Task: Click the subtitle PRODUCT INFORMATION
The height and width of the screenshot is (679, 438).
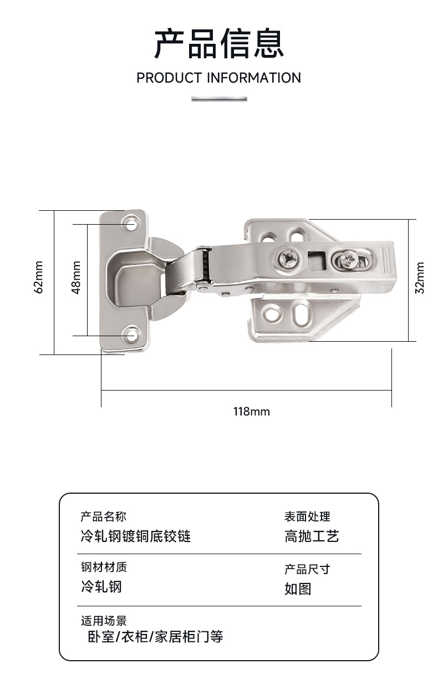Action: point(218,78)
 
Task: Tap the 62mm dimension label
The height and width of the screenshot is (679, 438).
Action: point(39,277)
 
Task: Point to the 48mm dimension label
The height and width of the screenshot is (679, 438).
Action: point(77,277)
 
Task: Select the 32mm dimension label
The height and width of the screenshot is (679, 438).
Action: point(420,277)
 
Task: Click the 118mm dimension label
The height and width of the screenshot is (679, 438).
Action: point(251,412)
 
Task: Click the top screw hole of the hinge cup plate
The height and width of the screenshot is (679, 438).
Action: point(132,225)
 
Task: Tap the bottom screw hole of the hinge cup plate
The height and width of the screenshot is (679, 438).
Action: point(132,335)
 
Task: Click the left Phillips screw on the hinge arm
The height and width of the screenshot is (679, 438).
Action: point(289,257)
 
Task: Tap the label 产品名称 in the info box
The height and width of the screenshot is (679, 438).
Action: point(104,517)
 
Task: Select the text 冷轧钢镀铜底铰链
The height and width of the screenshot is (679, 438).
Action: point(136,536)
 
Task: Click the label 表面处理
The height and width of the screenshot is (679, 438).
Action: point(307,517)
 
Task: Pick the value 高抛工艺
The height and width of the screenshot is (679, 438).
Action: point(312,536)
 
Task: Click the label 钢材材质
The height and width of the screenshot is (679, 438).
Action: point(104,567)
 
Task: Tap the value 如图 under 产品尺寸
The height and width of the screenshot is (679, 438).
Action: point(298,589)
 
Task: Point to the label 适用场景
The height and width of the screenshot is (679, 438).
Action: point(104,620)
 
